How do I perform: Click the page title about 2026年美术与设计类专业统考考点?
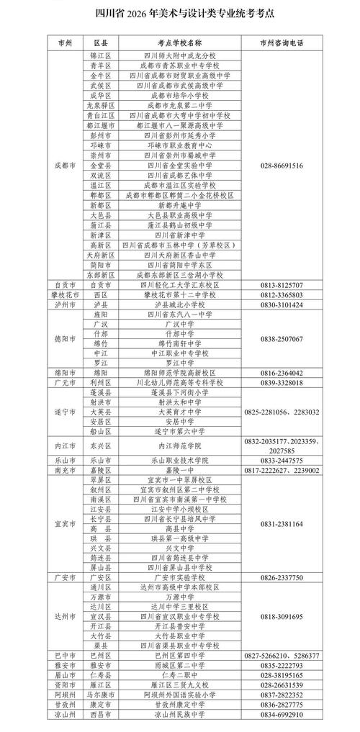click(179, 14)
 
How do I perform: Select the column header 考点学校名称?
click(180, 42)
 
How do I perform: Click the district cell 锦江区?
click(99, 55)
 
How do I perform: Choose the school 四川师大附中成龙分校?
click(180, 55)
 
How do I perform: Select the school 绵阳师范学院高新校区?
click(180, 373)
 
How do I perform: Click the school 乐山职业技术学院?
click(180, 459)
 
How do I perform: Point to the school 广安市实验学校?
click(180, 577)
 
